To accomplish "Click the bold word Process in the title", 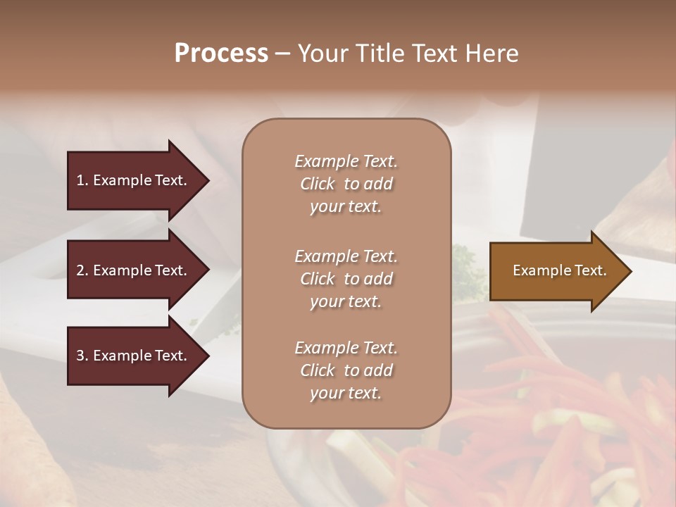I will click(x=221, y=54).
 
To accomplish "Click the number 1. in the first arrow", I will click(x=82, y=180).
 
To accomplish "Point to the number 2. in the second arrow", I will click(x=82, y=270).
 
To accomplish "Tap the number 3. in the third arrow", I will click(x=82, y=356).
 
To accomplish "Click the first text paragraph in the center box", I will click(x=346, y=184).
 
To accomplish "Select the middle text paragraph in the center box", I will click(x=346, y=279).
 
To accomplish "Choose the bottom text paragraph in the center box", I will click(x=346, y=370).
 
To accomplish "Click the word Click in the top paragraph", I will click(x=317, y=184).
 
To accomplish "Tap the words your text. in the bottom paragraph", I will click(x=346, y=393).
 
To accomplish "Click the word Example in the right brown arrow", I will click(x=537, y=270).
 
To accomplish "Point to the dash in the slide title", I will click(x=283, y=54).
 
